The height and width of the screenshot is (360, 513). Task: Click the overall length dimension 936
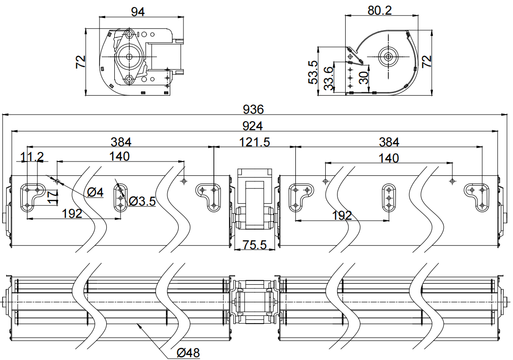253,109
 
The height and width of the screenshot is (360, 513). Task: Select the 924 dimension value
253,126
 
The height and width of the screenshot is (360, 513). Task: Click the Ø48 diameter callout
188,353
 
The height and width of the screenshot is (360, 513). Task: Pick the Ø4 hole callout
95,192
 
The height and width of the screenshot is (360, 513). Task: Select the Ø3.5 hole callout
142,201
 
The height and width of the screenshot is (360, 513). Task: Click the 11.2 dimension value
32,157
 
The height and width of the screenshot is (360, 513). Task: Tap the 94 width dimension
137,12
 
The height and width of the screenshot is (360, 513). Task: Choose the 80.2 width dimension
379,10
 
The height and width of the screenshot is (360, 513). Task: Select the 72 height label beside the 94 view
81,62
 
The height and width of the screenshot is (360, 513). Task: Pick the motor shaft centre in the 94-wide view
129,56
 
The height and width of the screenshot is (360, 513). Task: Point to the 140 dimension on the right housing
389,158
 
